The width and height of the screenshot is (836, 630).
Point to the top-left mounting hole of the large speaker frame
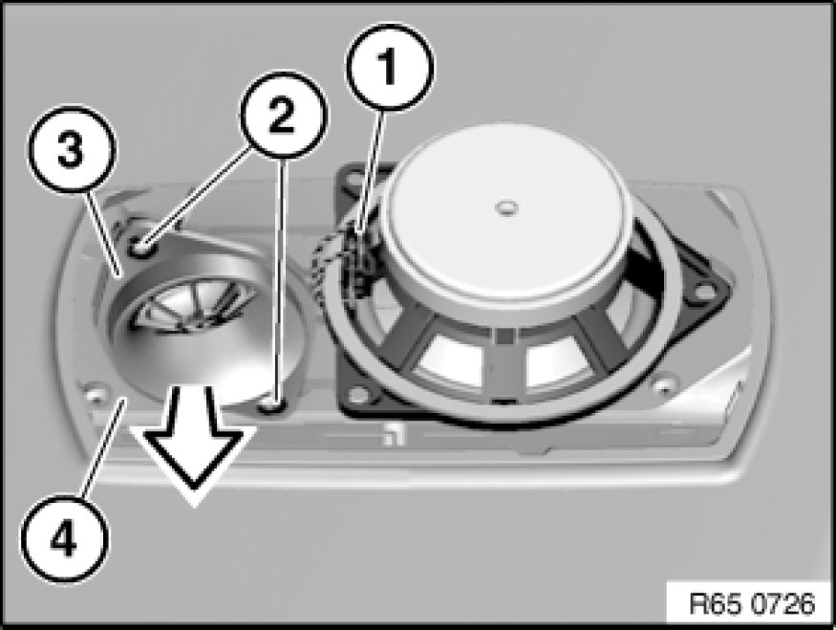coord(355,179)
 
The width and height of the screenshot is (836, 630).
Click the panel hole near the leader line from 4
coord(96,392)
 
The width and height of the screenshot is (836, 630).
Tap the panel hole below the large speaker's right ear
coord(659,387)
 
